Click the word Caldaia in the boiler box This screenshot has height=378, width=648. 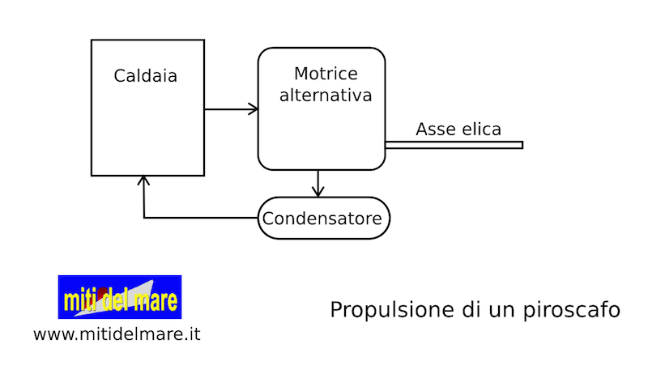pyautogui.click(x=146, y=77)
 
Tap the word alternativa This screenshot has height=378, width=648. pyautogui.click(x=326, y=96)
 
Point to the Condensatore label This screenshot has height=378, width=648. pyautogui.click(x=324, y=219)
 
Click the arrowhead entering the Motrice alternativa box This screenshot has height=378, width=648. pyautogui.click(x=253, y=109)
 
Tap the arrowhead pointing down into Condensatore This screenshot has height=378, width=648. pyautogui.click(x=318, y=192)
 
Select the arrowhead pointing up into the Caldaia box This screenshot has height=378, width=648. pyautogui.click(x=143, y=181)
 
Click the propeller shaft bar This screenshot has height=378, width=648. pyautogui.click(x=454, y=145)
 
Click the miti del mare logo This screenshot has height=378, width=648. pyautogui.click(x=119, y=296)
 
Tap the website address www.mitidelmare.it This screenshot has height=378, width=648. pyautogui.click(x=117, y=333)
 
